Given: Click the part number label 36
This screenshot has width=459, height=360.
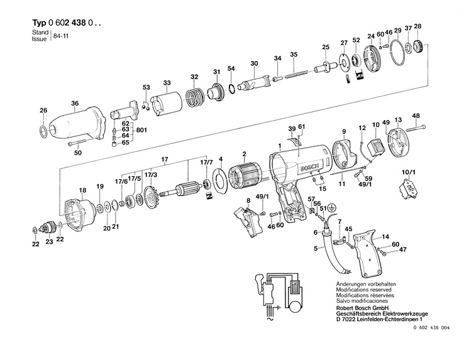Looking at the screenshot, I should [75, 104].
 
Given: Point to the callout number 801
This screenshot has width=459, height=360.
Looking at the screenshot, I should [141, 130].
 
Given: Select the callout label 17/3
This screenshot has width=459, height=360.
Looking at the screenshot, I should [152, 174].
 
